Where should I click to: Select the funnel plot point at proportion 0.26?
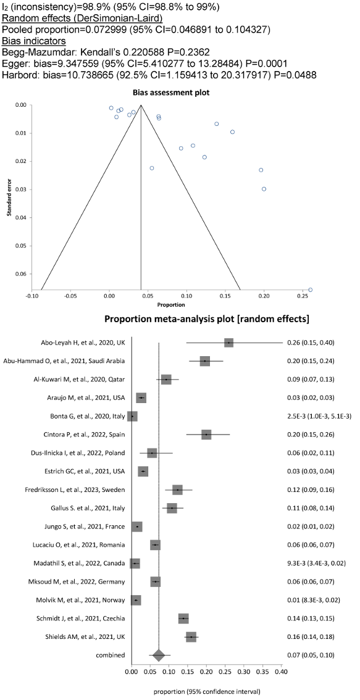[311, 290]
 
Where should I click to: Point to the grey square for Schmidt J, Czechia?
[183, 619]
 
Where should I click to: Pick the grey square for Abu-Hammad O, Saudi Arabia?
[205, 360]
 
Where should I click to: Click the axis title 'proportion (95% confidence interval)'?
[206, 692]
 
